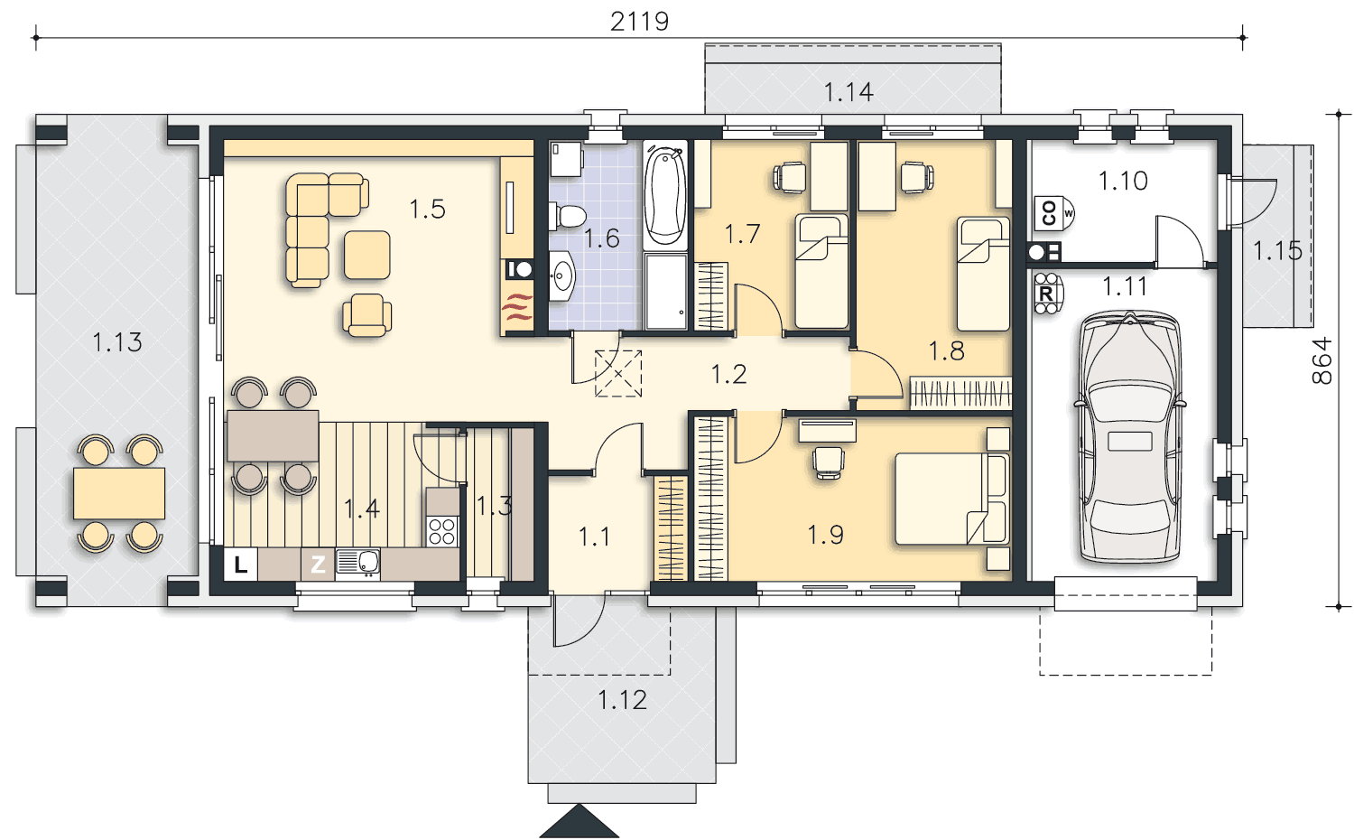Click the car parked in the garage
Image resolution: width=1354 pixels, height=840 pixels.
tap(1129, 436)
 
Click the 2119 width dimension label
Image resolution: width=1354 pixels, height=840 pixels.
tap(639, 22)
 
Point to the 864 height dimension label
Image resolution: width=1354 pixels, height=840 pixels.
tap(1322, 360)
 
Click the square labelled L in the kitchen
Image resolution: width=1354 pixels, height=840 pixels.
tap(241, 565)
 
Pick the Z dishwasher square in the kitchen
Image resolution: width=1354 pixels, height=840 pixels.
tap(318, 565)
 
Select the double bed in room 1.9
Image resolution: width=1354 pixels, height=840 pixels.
tap(951, 499)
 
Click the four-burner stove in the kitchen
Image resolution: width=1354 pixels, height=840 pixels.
tap(442, 532)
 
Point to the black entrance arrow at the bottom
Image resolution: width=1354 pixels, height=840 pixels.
tap(580, 821)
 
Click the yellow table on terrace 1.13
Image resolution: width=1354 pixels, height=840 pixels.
tap(119, 493)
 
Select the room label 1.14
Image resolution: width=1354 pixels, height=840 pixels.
tap(849, 92)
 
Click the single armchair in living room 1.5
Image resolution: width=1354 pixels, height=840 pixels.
tap(366, 314)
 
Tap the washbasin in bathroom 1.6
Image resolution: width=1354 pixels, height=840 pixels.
tap(561, 277)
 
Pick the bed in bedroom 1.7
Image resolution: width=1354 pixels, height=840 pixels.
tap(821, 270)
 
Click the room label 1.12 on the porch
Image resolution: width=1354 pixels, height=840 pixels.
tap(622, 700)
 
